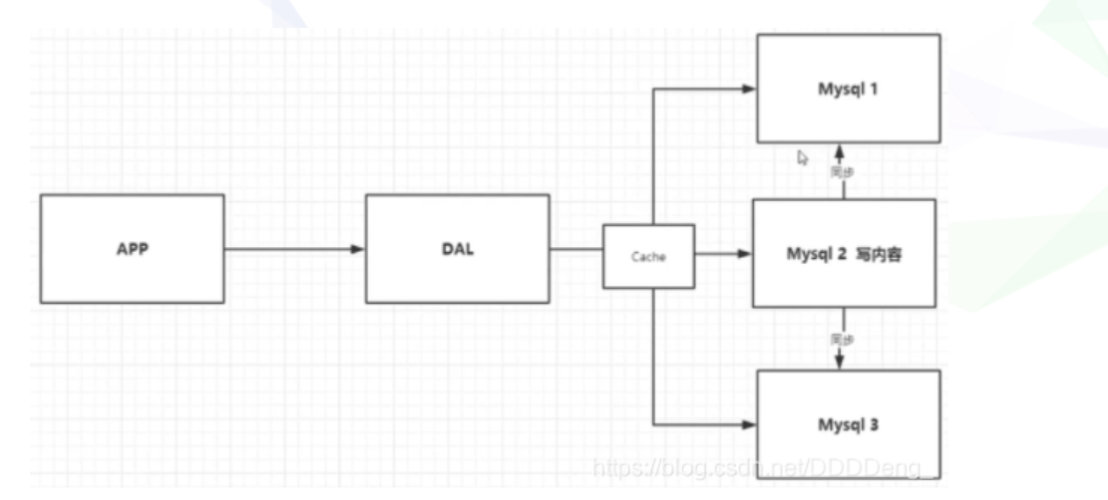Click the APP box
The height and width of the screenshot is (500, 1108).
(132, 248)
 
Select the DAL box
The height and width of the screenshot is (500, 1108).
(457, 248)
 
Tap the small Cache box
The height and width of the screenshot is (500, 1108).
(648, 256)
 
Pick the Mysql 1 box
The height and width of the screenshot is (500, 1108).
(848, 88)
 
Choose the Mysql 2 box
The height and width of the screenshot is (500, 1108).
(843, 253)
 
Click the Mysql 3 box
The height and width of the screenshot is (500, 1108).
(848, 425)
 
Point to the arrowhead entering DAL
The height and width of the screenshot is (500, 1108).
(359, 249)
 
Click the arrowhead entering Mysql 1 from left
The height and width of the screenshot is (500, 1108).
(749, 89)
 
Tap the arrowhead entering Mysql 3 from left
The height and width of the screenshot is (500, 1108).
(749, 425)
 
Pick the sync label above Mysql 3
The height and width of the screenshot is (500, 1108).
(844, 339)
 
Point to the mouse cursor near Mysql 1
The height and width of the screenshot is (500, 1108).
(803, 157)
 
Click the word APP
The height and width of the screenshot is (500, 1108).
(132, 249)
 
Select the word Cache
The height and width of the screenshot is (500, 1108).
(648, 257)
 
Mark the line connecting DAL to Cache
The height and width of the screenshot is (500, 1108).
(575, 249)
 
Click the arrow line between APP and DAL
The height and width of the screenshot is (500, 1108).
(289, 249)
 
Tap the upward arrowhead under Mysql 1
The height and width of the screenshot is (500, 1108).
(840, 149)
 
